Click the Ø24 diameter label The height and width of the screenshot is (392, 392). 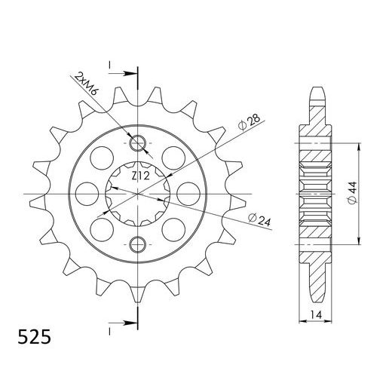point(257,219)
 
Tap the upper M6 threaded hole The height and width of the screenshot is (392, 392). point(138,142)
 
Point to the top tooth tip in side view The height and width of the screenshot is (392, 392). point(320,94)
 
